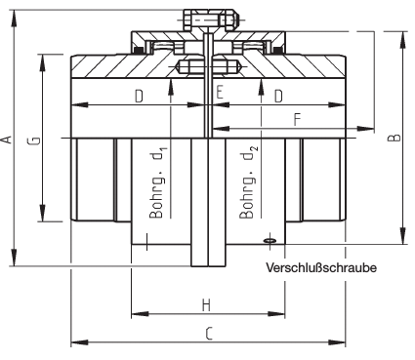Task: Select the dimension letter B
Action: click(x=394, y=138)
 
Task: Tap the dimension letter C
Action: click(x=209, y=334)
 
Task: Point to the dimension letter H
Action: click(x=206, y=305)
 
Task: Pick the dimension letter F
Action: click(x=297, y=120)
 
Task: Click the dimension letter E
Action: click(x=220, y=92)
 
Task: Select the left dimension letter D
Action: click(x=139, y=97)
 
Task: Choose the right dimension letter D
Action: click(x=278, y=97)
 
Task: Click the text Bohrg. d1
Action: click(x=158, y=182)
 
